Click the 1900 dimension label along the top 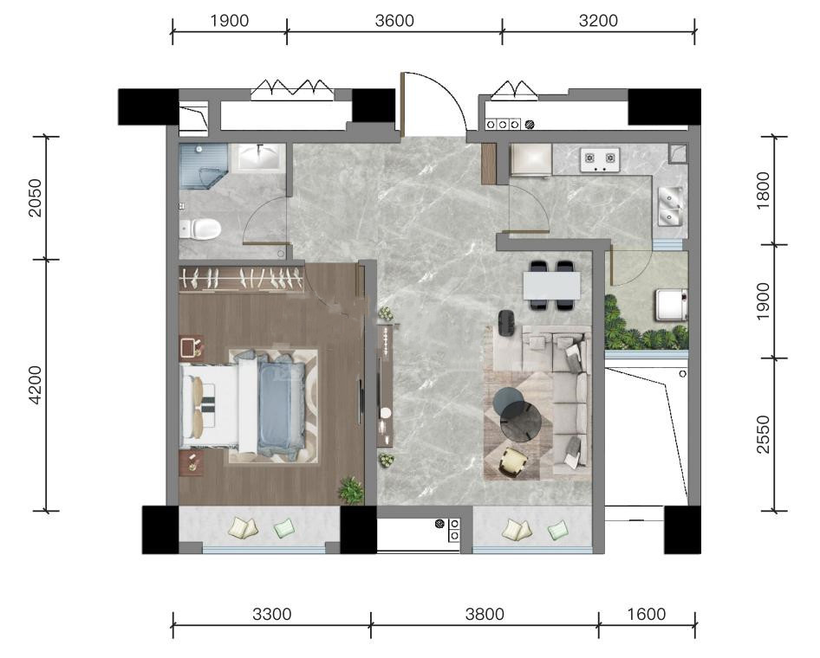coord(229,21)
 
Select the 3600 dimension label coord(394,21)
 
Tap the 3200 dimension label coord(598,21)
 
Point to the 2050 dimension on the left coord(35,197)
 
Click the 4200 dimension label coord(35,385)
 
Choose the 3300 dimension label coord(272,614)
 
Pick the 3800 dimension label coord(485,614)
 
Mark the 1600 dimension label coord(647,614)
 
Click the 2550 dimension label coord(764,435)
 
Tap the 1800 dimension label coord(764,190)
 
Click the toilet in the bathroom coord(201,229)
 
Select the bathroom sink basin coord(261,156)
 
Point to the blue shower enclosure coord(203,166)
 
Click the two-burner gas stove coord(600,160)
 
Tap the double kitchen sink coord(670,206)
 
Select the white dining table coord(551,286)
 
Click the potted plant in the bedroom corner coord(351,490)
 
